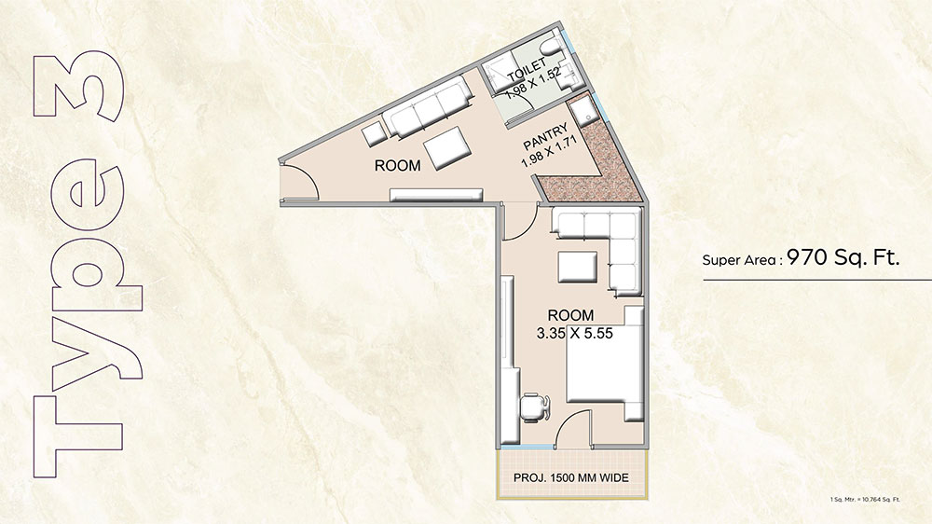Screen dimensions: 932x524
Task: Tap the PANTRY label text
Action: coord(545,136)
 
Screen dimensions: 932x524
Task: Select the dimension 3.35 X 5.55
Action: coord(574,334)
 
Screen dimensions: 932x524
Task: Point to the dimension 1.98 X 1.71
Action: coord(549,153)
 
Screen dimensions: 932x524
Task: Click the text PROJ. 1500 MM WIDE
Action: coord(570,477)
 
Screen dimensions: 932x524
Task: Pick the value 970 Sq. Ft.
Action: coord(843,257)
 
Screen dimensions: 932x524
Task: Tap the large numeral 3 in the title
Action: coord(79,86)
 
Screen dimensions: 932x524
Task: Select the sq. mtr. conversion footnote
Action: coord(865,500)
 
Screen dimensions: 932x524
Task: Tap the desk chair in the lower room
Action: coord(535,407)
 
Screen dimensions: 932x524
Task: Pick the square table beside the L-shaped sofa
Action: coord(577,268)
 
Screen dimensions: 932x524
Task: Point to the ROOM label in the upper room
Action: coord(398,165)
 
